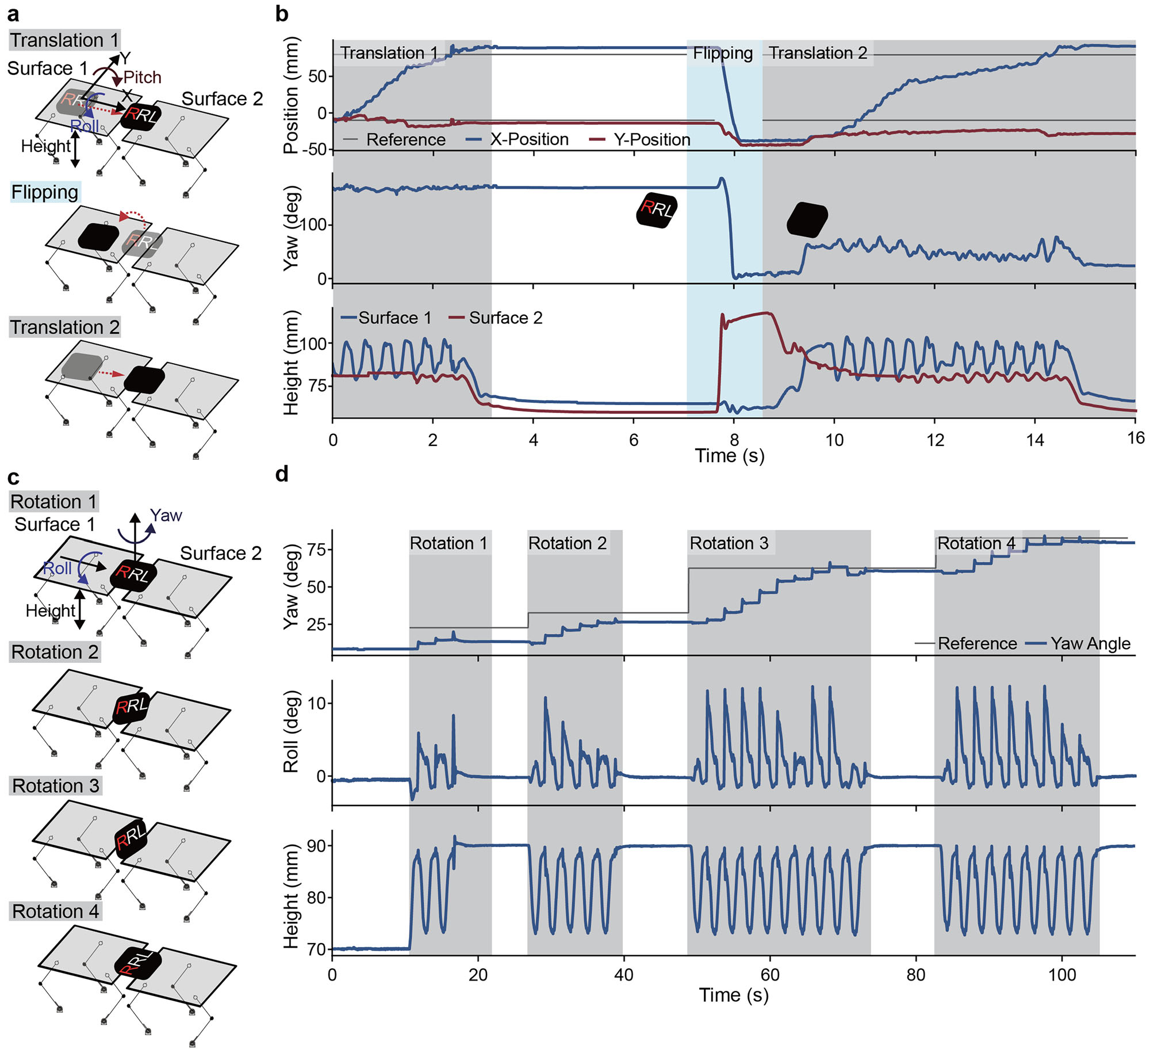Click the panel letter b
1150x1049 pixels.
pyautogui.click(x=282, y=14)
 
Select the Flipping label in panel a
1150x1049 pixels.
pyautogui.click(x=45, y=192)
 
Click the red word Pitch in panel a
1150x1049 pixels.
pyautogui.click(x=142, y=77)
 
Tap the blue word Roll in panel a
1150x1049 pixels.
pyautogui.click(x=84, y=125)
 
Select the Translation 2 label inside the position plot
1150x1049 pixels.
pyautogui.click(x=818, y=53)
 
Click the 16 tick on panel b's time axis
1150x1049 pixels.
pyautogui.click(x=1135, y=438)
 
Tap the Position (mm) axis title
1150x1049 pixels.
pyautogui.click(x=292, y=95)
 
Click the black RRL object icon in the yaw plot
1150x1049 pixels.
pyautogui.click(x=657, y=210)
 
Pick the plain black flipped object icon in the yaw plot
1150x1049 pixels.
pyautogui.click(x=807, y=220)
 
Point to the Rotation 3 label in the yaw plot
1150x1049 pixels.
pyautogui.click(x=729, y=543)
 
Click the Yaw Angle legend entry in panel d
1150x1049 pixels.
pyautogui.click(x=1090, y=643)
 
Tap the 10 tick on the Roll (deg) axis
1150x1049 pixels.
pyautogui.click(x=316, y=703)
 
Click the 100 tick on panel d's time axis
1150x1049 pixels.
pyautogui.click(x=1061, y=975)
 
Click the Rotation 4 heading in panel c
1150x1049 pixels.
pyautogui.click(x=55, y=911)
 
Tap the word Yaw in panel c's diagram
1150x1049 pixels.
pyautogui.click(x=166, y=515)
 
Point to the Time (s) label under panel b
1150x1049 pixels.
pyautogui.click(x=729, y=456)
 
